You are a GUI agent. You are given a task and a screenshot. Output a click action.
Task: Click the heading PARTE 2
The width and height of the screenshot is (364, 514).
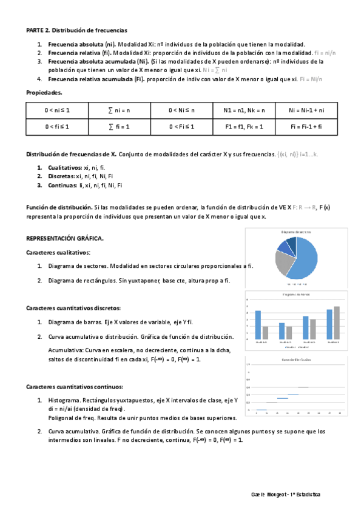[38, 30]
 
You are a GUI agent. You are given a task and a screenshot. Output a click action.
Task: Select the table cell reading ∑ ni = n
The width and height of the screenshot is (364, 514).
[120, 110]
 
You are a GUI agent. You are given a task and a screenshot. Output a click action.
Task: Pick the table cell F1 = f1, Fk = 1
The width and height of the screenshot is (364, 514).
[244, 127]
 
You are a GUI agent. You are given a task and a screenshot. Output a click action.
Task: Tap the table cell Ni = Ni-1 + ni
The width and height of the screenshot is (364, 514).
[307, 110]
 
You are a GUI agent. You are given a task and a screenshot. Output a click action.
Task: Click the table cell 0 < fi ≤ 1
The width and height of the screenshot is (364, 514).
[57, 127]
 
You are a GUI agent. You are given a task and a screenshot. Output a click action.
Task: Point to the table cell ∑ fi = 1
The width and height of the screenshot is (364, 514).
[120, 127]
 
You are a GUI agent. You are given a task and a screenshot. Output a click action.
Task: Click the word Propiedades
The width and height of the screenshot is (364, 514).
[44, 93]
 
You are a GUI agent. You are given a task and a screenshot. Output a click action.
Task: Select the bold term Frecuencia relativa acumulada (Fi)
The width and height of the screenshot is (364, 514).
[95, 79]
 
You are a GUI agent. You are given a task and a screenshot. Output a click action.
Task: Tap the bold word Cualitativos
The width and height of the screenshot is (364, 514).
[65, 168]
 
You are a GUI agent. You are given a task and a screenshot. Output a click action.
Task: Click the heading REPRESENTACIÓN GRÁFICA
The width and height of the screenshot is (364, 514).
[65, 239]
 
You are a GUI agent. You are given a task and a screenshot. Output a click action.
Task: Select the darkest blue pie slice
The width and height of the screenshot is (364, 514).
[291, 244]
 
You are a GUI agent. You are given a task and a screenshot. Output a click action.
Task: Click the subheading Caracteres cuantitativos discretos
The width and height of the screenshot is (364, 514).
[73, 308]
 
